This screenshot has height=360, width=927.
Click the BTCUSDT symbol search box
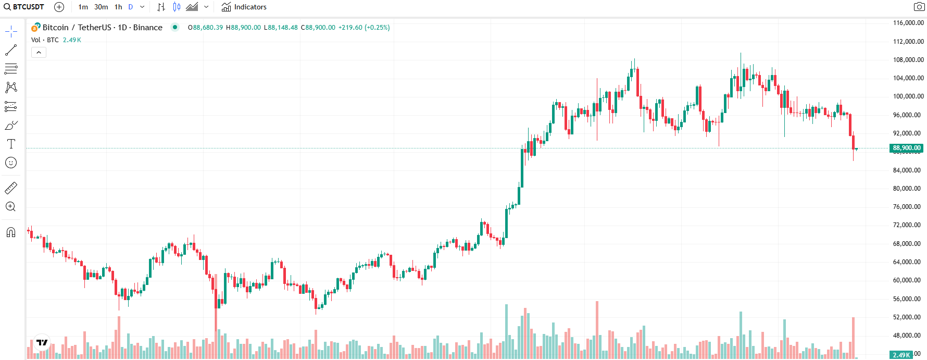pyautogui.click(x=24, y=7)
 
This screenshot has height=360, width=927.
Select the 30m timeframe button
pyautogui.click(x=101, y=7)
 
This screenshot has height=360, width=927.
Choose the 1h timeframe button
pyautogui.click(x=118, y=7)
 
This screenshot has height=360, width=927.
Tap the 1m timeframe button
pyautogui.click(x=83, y=7)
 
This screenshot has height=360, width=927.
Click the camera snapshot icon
pyautogui.click(x=919, y=7)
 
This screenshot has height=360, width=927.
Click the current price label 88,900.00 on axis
pyautogui.click(x=906, y=148)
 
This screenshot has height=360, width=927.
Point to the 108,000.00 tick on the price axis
pyautogui.click(x=908, y=59)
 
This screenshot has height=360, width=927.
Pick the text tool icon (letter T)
pyautogui.click(x=11, y=144)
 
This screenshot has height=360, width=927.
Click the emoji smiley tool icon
pyautogui.click(x=11, y=163)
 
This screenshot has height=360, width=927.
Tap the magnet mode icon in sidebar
pyautogui.click(x=11, y=232)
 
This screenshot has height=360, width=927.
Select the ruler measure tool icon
pyautogui.click(x=11, y=188)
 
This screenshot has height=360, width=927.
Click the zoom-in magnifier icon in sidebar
pyautogui.click(x=11, y=207)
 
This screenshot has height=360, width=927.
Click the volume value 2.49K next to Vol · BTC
pyautogui.click(x=72, y=40)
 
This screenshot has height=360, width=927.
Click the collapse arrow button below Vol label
pyautogui.click(x=39, y=52)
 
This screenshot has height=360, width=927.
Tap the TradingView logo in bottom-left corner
pyautogui.click(x=42, y=342)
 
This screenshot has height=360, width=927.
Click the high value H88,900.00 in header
pyautogui.click(x=243, y=28)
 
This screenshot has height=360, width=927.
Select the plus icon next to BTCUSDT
pyautogui.click(x=59, y=7)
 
